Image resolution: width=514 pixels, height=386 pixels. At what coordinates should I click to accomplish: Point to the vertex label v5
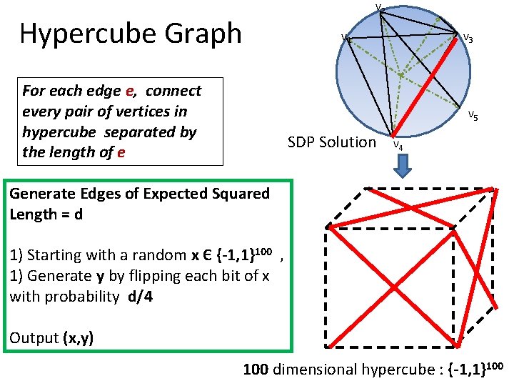coord(473,115)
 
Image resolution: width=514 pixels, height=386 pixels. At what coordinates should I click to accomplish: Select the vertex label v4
coord(398,146)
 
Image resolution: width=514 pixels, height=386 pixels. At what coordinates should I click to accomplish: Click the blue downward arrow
coord(403,166)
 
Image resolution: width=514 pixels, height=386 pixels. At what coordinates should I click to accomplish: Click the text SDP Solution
coord(331,142)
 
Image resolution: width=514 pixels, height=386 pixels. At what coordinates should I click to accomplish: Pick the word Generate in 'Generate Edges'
coord(44,193)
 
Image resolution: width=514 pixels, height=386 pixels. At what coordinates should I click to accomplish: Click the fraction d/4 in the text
coord(140,297)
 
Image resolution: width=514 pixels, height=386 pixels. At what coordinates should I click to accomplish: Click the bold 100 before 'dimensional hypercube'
coord(256,370)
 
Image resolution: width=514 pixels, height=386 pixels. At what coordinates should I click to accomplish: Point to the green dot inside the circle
coord(402,74)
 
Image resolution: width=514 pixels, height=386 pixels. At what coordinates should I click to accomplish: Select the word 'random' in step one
coord(141,255)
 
